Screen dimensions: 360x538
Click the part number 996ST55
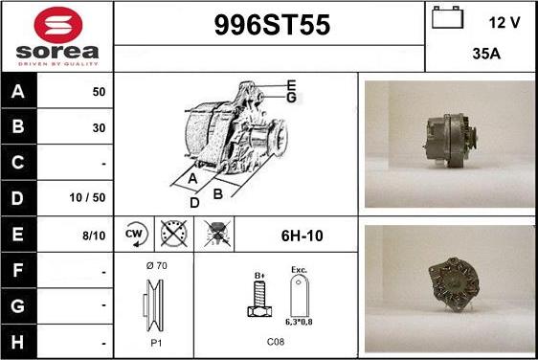click(268, 27)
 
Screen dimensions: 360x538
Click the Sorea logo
click(56, 36)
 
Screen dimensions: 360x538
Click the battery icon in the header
click(444, 18)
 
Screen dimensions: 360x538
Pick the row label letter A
click(18, 93)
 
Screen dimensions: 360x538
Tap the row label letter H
click(18, 340)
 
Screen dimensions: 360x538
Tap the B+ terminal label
click(258, 277)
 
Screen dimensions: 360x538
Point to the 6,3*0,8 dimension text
click(301, 322)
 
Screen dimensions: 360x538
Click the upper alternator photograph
click(448, 144)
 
